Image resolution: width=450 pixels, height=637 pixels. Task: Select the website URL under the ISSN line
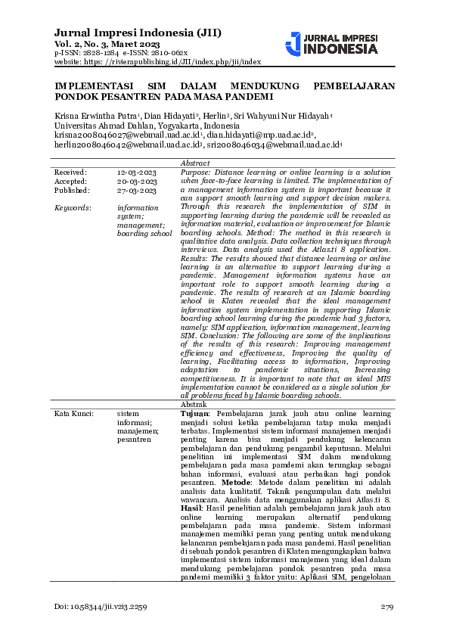click(157, 62)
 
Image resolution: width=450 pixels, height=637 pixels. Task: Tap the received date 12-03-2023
click(137, 172)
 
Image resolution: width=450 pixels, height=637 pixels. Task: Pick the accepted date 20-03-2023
click(137, 182)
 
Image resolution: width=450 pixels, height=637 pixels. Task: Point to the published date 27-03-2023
click(137, 191)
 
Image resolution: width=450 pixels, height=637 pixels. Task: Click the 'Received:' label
click(70, 172)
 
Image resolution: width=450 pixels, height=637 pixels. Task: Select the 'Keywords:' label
click(73, 207)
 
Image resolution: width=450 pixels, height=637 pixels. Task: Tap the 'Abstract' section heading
click(195, 163)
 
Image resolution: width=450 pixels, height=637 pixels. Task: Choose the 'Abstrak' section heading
click(194, 406)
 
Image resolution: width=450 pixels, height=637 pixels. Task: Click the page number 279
click(388, 607)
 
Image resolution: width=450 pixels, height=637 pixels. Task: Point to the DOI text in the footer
click(101, 607)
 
